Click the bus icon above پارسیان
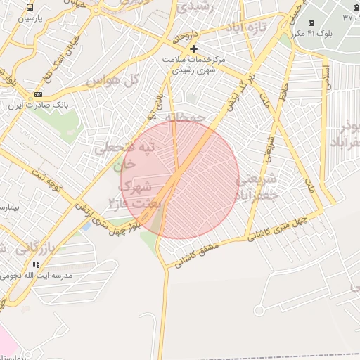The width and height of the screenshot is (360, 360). [30, 7]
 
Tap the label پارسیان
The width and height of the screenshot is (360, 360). [30, 18]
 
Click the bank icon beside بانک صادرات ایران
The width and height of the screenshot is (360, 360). [37, 94]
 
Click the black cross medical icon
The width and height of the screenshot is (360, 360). [193, 49]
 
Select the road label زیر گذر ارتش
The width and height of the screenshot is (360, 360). [237, 92]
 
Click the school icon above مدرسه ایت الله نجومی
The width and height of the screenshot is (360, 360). [35, 264]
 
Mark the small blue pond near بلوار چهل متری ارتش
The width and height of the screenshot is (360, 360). [86, 227]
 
